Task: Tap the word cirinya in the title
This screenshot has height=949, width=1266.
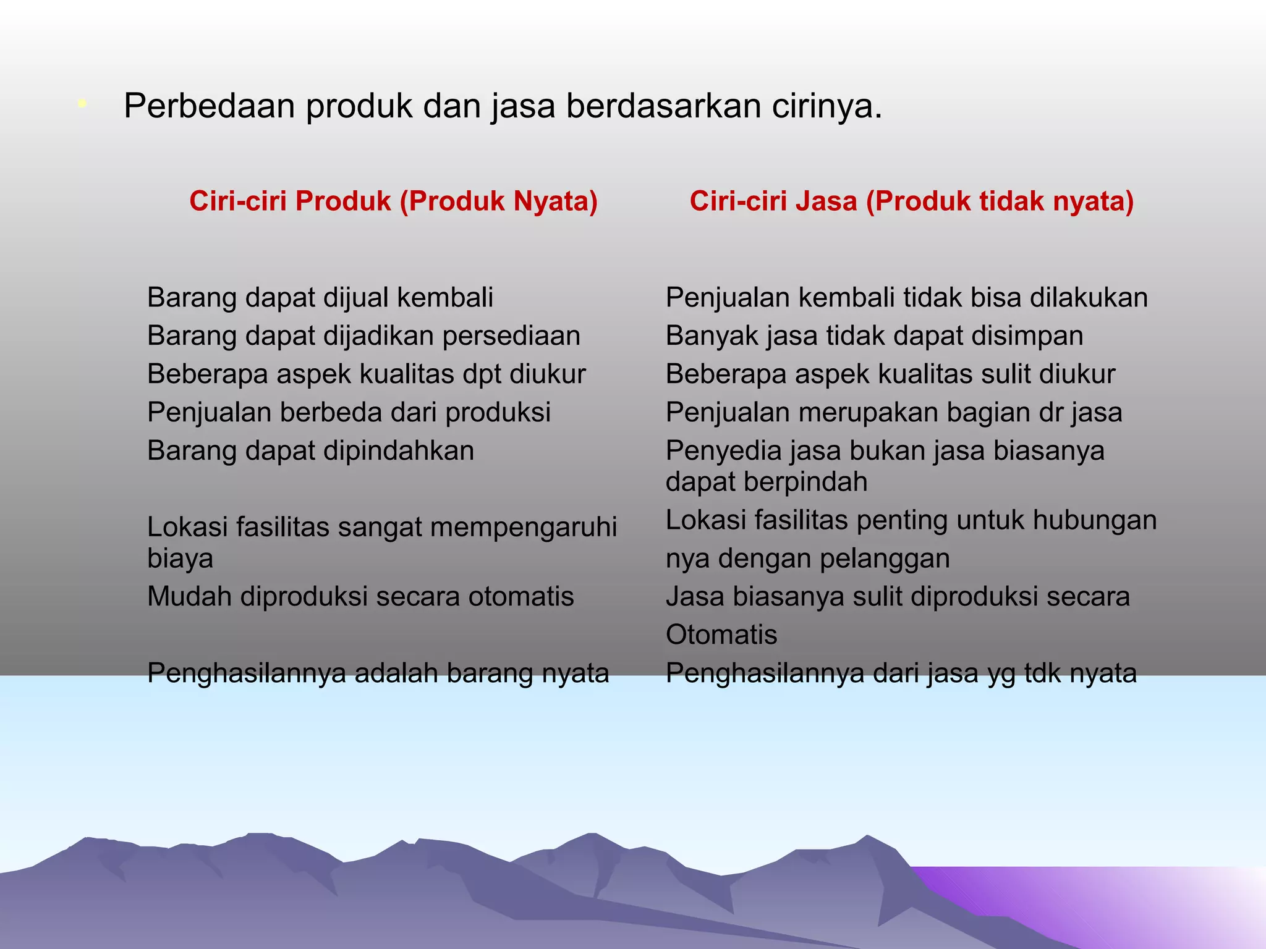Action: (x=826, y=106)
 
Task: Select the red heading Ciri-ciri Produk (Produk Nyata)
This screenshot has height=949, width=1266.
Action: (x=393, y=201)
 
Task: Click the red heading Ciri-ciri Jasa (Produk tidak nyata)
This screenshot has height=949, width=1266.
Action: (x=911, y=201)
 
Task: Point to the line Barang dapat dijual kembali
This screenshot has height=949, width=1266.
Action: (x=320, y=298)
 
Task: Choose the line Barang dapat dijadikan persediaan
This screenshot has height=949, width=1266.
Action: (x=363, y=336)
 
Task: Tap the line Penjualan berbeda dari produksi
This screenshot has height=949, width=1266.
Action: (x=349, y=413)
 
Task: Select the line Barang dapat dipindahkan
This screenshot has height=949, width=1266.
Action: (x=310, y=451)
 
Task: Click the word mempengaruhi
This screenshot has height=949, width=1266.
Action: (x=523, y=528)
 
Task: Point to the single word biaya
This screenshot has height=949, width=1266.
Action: (x=180, y=559)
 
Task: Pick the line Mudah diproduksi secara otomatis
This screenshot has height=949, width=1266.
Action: (x=360, y=597)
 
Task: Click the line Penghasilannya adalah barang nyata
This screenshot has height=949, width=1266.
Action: (x=378, y=673)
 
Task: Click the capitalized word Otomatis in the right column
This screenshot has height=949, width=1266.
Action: (x=721, y=635)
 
